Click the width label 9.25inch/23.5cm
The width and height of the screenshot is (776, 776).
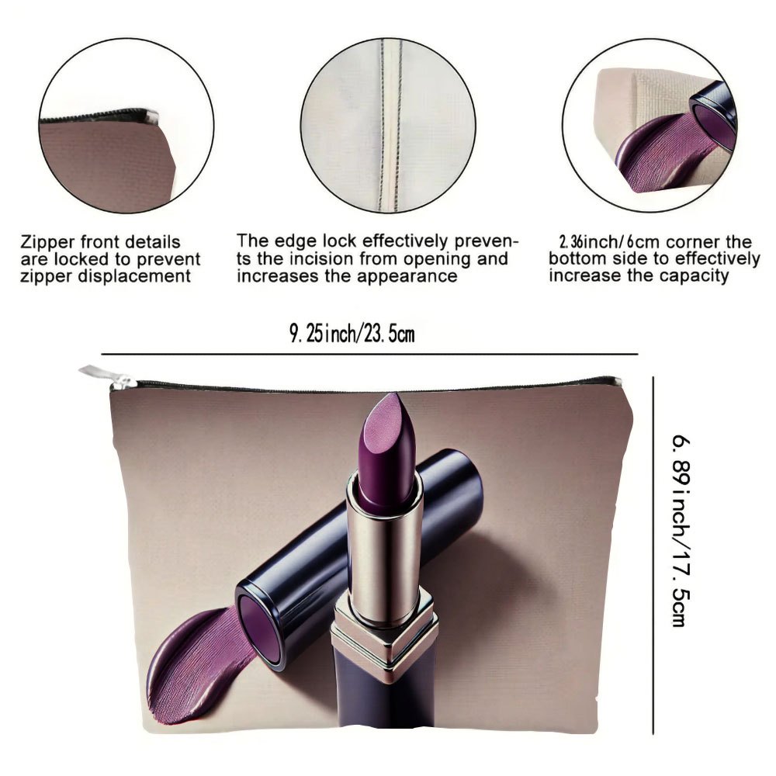[x=352, y=334]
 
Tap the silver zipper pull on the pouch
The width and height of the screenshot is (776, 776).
[x=107, y=377]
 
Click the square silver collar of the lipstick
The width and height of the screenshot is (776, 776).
[x=383, y=633]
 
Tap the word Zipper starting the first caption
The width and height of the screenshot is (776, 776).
[x=47, y=242]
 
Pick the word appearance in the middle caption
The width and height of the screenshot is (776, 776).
[x=407, y=277]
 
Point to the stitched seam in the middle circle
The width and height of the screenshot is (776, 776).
[x=390, y=126]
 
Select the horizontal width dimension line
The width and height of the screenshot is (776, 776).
[x=369, y=355]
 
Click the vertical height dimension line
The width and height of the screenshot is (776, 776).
[x=653, y=556]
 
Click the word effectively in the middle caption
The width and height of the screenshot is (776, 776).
[x=405, y=242]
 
